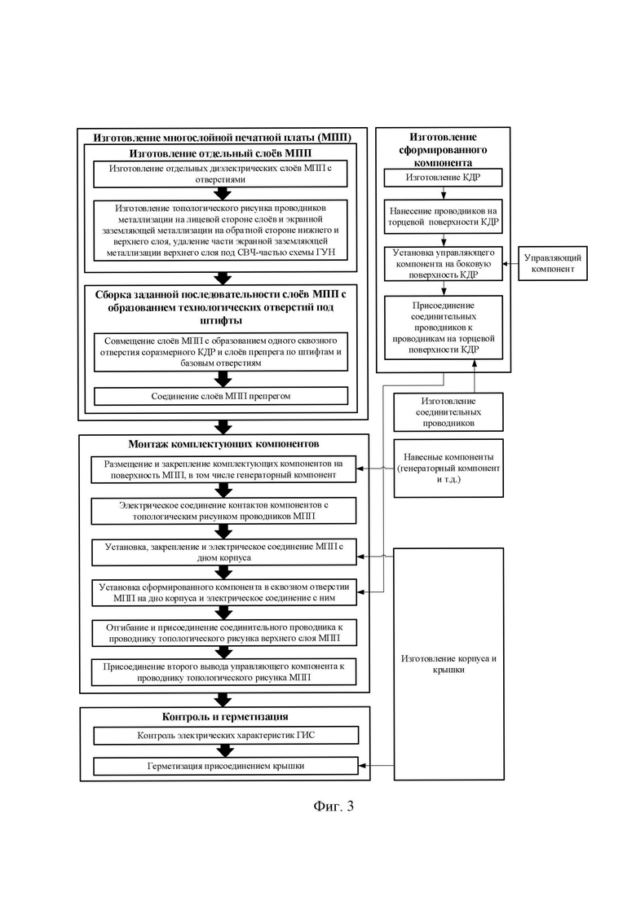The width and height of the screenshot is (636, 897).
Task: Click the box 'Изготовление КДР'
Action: click(x=443, y=178)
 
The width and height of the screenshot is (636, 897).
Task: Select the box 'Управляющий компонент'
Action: click(x=552, y=263)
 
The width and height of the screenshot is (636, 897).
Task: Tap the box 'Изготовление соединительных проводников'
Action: click(x=448, y=412)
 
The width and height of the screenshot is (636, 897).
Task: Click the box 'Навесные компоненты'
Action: click(x=448, y=468)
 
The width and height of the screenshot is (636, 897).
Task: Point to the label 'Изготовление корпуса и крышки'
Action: click(x=448, y=664)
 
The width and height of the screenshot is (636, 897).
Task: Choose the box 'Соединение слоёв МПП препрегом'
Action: click(x=220, y=396)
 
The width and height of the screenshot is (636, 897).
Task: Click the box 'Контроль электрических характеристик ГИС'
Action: click(x=226, y=735)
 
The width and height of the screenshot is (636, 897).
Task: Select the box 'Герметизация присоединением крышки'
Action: click(x=226, y=766)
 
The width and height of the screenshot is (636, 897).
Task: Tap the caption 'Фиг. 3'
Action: click(x=333, y=806)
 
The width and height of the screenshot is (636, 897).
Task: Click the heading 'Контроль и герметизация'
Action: click(x=225, y=717)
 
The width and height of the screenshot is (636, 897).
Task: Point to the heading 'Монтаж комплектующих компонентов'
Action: click(x=224, y=444)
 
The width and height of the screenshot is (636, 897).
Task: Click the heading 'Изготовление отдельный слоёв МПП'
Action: click(x=220, y=153)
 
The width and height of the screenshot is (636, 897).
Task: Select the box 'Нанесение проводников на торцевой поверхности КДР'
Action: click(x=443, y=216)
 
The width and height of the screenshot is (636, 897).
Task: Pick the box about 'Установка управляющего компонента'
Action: click(x=443, y=264)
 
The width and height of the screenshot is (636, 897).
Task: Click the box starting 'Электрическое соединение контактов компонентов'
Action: click(x=223, y=511)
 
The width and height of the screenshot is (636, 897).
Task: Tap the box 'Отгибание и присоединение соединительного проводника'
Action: click(x=224, y=633)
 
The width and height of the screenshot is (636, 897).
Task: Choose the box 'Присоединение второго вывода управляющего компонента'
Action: click(x=224, y=672)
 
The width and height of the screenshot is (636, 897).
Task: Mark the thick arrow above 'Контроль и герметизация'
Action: click(x=224, y=700)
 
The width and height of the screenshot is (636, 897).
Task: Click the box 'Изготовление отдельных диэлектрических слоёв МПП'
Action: click(x=220, y=174)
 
